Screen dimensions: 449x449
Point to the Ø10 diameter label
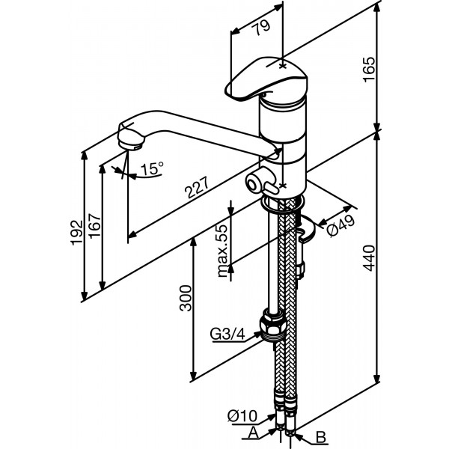pyautogui.click(x=242, y=414)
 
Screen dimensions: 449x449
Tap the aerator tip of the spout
pyautogui.click(x=129, y=140)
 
